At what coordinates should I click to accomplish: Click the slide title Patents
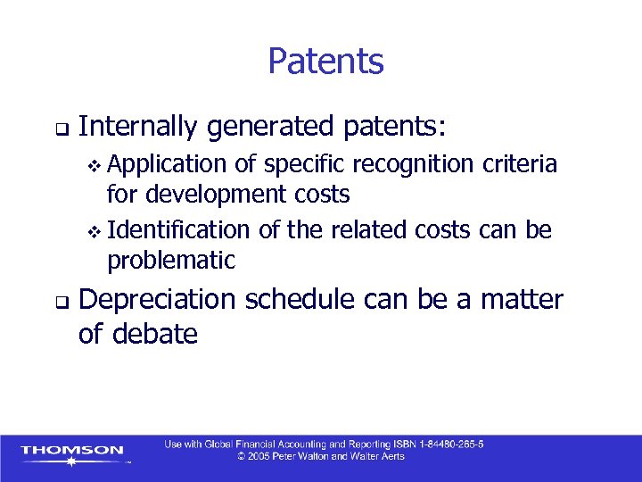click(325, 62)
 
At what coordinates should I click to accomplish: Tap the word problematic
click(171, 260)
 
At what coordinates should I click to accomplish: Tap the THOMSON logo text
click(72, 450)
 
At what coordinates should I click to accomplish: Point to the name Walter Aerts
click(374, 456)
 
